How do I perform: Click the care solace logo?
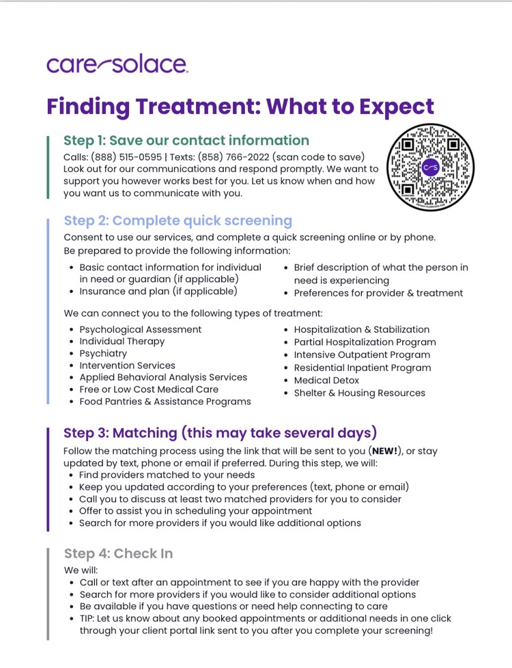(117, 65)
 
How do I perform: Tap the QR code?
(430, 167)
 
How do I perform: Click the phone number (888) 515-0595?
(126, 157)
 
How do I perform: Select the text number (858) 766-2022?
(233, 157)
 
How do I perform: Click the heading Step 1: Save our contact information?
(186, 141)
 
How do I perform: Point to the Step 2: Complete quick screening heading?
(178, 221)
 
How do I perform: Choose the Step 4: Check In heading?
(118, 553)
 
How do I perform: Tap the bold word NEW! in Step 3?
(385, 451)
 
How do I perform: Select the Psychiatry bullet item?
(103, 354)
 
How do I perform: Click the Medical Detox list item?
(326, 380)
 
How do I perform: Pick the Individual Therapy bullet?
(122, 342)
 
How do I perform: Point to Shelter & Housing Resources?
(360, 393)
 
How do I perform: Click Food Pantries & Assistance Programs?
(165, 402)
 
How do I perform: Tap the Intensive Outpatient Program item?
(362, 355)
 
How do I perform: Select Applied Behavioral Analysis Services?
(163, 378)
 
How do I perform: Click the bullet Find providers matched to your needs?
(167, 475)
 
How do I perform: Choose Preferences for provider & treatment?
(378, 293)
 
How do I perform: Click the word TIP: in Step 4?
(87, 619)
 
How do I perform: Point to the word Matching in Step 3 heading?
(145, 433)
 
